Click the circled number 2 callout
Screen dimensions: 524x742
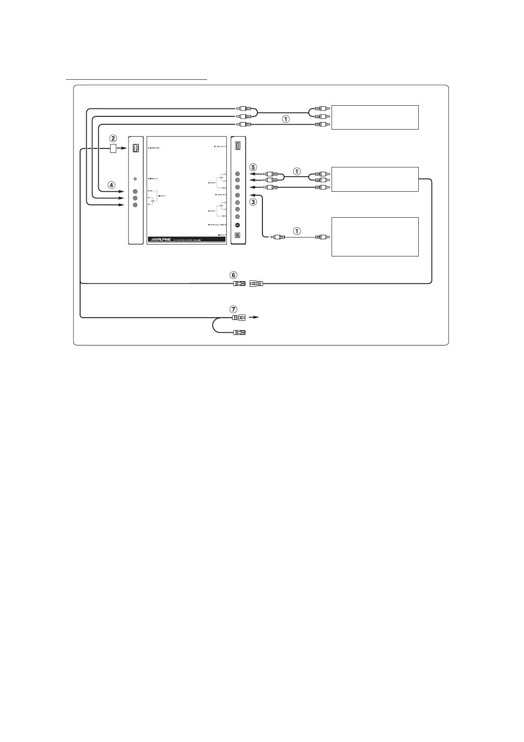[x=113, y=138]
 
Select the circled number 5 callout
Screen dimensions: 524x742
[x=253, y=167]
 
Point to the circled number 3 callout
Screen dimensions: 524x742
[x=253, y=202]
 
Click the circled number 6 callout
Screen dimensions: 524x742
[x=233, y=275]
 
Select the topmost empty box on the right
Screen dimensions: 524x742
[x=375, y=117]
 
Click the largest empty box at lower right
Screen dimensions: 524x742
[x=375, y=237]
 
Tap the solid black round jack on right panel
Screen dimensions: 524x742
[x=237, y=225]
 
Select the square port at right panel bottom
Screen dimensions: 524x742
[x=237, y=235]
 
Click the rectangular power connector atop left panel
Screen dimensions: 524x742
[x=135, y=148]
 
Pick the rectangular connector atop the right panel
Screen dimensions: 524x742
[x=238, y=146]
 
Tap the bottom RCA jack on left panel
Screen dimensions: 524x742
[x=135, y=205]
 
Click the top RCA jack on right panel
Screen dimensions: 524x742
[x=237, y=174]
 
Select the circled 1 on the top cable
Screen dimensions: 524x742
[x=286, y=119]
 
